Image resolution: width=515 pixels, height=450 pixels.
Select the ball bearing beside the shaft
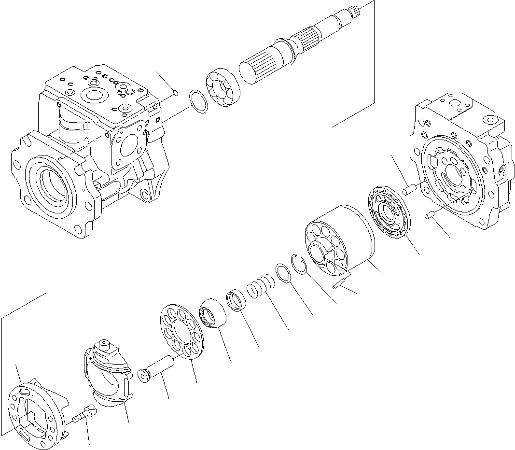221,88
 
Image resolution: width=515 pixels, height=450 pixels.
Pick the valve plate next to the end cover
389,212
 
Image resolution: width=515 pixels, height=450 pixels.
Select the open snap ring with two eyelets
300,265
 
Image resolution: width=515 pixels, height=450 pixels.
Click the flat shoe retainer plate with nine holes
181,333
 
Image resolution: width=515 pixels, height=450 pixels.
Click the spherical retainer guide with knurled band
212,313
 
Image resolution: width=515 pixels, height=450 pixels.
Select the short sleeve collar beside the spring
236,300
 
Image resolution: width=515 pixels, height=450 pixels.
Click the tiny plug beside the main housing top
175,92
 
